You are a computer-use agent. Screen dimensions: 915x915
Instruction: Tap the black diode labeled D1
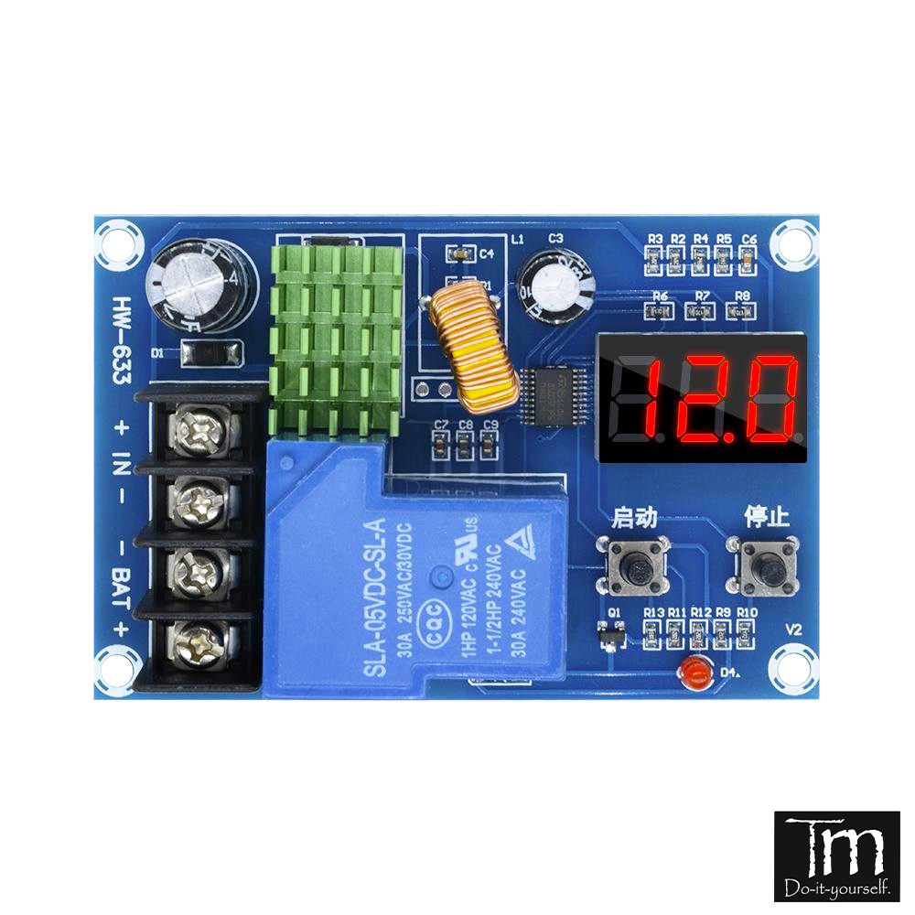(211, 351)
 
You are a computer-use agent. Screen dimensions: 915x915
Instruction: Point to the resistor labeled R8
(743, 311)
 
